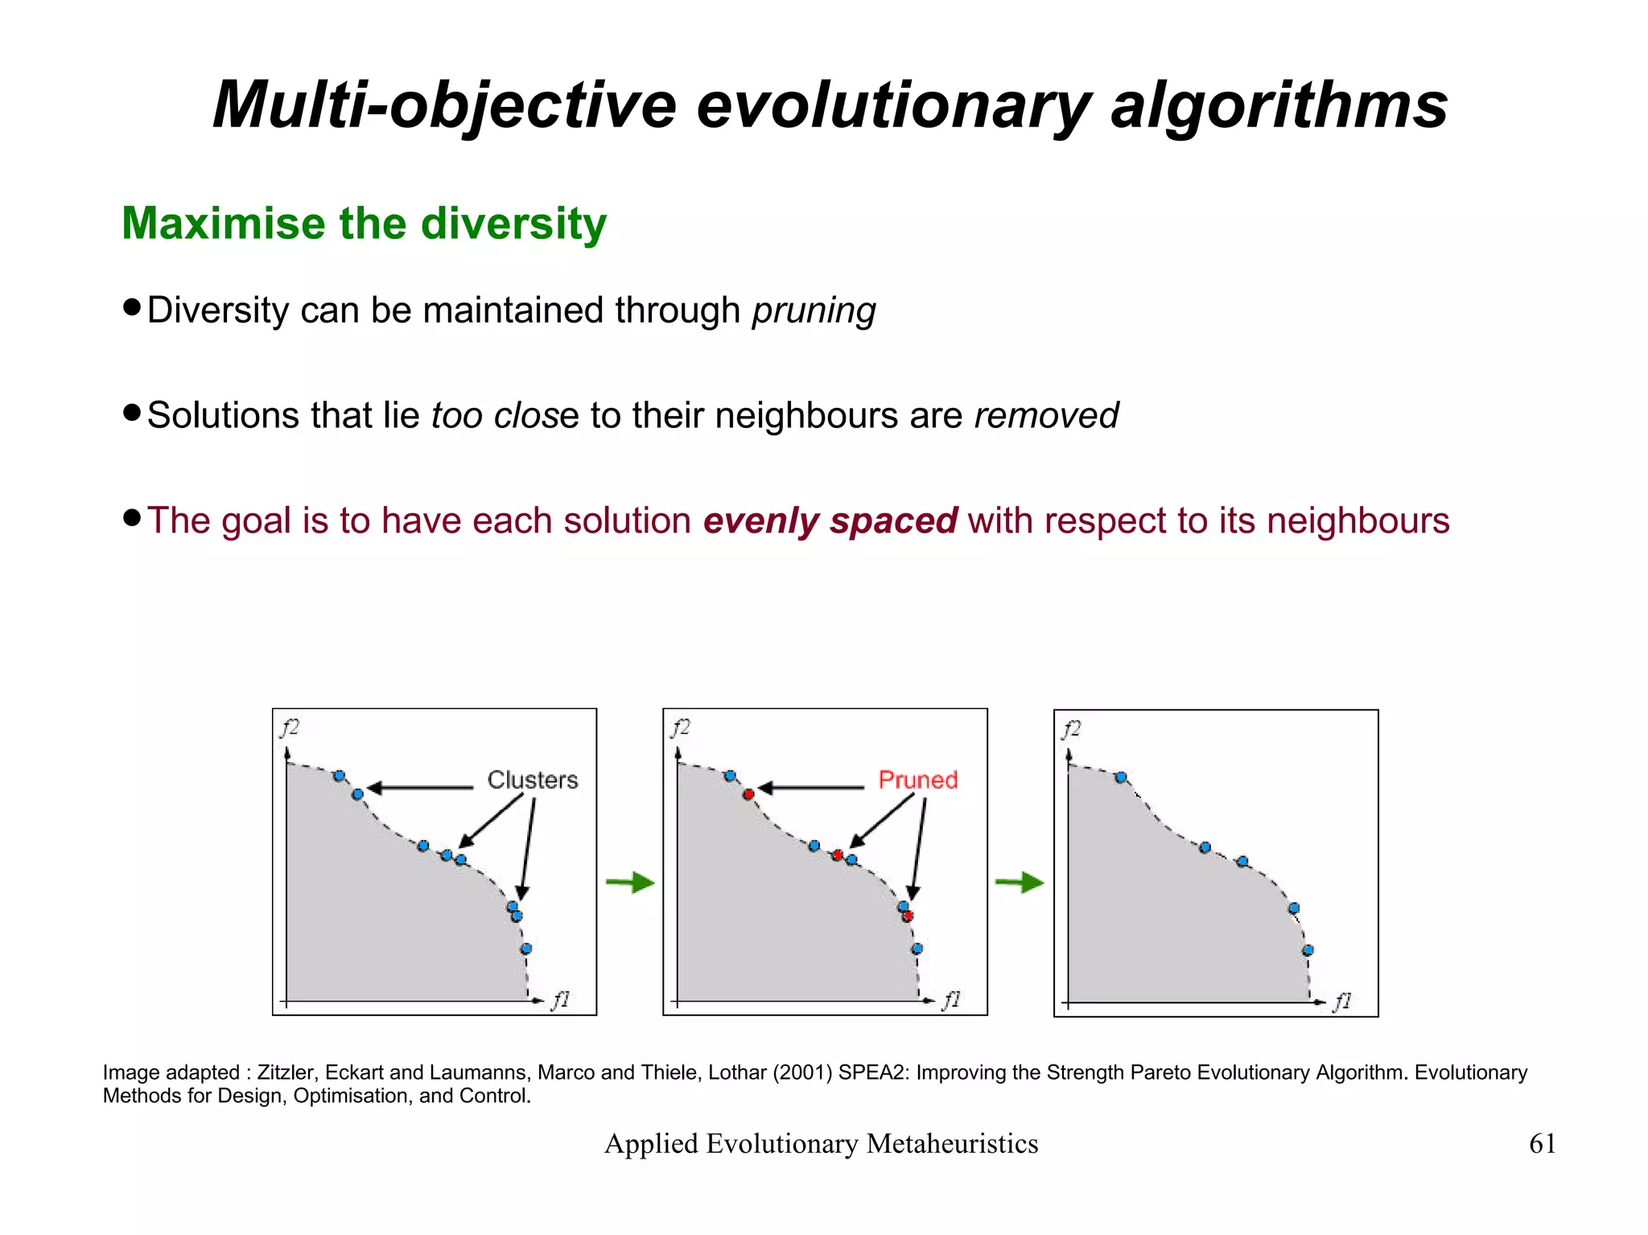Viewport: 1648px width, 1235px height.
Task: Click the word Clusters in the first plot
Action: click(x=532, y=780)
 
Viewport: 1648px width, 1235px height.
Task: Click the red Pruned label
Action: click(x=917, y=780)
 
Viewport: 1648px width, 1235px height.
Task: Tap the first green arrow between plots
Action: click(x=630, y=883)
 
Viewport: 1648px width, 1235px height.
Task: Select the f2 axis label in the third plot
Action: click(x=1071, y=729)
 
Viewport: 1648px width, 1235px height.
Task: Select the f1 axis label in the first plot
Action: click(x=560, y=1000)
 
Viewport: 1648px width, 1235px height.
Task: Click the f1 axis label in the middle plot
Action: click(x=951, y=1000)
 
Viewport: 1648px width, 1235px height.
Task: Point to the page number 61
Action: click(x=1542, y=1143)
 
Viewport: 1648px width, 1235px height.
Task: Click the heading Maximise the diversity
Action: click(x=364, y=223)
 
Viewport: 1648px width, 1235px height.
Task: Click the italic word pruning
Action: click(x=814, y=311)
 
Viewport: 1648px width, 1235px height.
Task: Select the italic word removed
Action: click(x=1045, y=415)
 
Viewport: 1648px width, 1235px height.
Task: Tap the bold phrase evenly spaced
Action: click(x=830, y=521)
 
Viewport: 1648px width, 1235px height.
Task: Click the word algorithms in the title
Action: click(x=1279, y=105)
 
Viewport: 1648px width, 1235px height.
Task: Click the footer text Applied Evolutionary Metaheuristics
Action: click(x=821, y=1143)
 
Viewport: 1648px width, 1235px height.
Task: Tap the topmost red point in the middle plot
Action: click(x=748, y=794)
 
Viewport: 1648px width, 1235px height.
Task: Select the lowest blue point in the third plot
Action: click(x=1308, y=950)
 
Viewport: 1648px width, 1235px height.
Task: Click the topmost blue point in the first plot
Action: click(x=339, y=776)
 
